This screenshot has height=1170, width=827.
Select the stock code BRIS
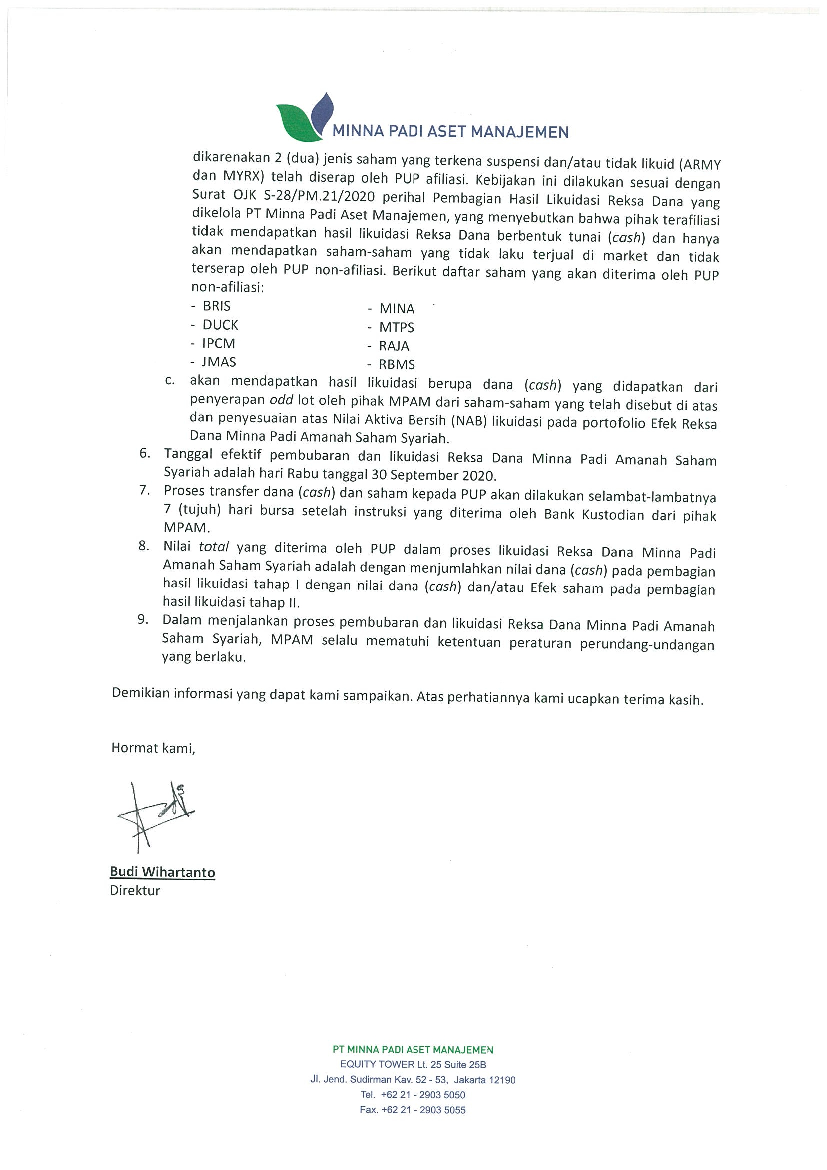click(216, 306)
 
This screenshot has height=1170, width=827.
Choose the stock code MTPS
click(396, 327)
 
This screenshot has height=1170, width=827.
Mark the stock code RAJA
click(394, 346)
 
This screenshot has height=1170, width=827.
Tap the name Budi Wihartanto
click(162, 872)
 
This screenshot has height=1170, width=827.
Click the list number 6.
click(145, 453)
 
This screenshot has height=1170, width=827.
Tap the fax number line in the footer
click(413, 1109)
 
